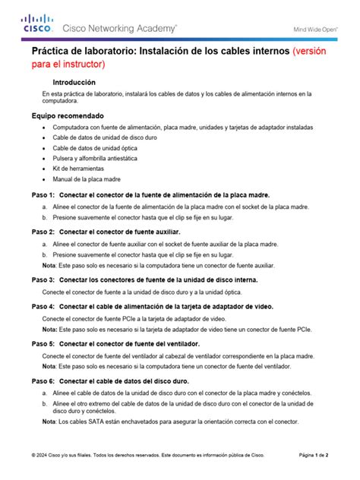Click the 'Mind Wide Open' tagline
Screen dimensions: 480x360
[315, 30]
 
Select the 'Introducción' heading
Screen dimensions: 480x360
[74, 81]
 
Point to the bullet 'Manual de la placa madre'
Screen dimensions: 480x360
[87, 179]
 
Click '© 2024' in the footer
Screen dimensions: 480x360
[40, 456]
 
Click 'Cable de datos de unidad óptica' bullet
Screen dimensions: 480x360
[96, 147]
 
